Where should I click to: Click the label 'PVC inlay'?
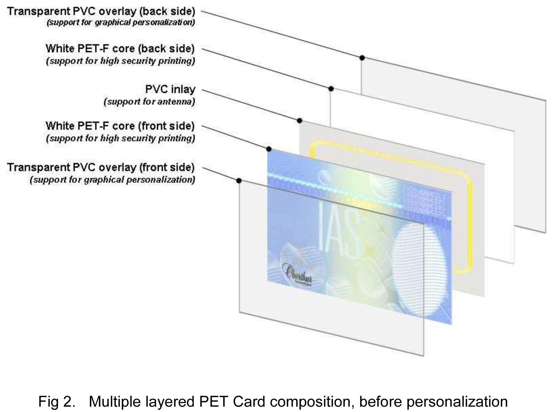(170, 89)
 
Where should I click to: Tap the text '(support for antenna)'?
(149, 101)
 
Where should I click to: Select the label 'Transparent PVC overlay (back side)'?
(101, 12)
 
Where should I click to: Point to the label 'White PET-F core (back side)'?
(120, 49)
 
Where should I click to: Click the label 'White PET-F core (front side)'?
(120, 126)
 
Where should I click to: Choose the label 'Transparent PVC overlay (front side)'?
(101, 167)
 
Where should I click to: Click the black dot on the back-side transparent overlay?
(362, 58)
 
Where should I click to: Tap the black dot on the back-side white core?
(331, 89)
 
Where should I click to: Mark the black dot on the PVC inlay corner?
(300, 121)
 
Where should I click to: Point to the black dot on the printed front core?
(269, 149)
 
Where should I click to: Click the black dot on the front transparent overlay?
(239, 181)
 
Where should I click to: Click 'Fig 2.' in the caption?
(57, 401)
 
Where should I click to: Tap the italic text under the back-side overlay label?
(121, 22)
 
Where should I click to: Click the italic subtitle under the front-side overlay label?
(112, 180)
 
